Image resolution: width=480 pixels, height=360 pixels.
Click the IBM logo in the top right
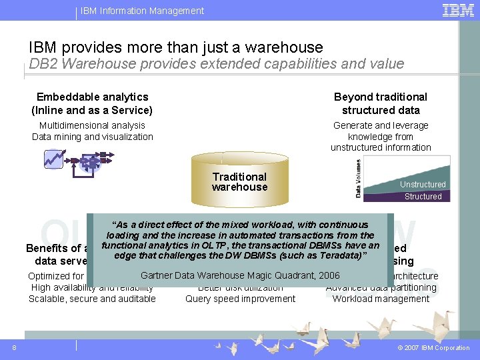point(458,10)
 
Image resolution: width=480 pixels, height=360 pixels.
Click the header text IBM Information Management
point(142,11)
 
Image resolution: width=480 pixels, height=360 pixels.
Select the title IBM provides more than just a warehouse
point(175,47)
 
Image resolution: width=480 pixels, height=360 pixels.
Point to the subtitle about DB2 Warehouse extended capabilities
point(216,64)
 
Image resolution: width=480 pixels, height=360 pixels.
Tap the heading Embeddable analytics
point(92,97)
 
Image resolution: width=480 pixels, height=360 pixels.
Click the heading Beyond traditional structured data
point(381,103)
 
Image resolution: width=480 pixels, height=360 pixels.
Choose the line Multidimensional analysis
point(92,125)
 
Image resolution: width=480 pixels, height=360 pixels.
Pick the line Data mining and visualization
point(92,137)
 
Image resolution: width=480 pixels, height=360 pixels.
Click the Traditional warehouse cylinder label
point(239,182)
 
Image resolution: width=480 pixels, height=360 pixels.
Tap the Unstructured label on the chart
point(423,185)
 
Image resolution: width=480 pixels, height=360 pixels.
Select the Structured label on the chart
point(423,197)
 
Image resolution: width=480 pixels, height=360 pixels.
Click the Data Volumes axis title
point(358,178)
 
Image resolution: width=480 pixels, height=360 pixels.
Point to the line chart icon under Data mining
point(53,159)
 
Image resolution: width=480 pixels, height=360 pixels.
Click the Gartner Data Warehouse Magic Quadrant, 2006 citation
point(240,275)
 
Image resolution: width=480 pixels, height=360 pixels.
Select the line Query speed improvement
point(240,299)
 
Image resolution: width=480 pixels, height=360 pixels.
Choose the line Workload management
point(381,299)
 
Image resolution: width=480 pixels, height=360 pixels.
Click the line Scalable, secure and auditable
point(92,299)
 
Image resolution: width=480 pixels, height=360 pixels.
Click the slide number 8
point(14,347)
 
